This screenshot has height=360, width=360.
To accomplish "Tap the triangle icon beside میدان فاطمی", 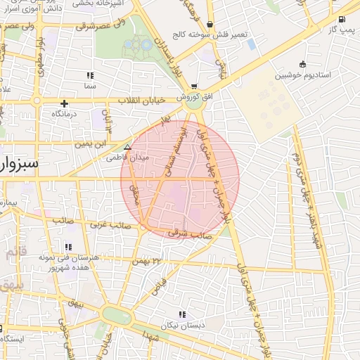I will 127,148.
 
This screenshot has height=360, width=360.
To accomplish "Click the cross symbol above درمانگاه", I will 64,103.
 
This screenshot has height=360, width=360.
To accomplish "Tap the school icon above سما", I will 89,75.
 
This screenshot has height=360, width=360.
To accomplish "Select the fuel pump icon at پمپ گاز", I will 342,20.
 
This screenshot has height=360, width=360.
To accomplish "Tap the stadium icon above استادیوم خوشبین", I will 302,63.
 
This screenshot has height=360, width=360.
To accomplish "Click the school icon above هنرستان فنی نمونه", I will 68,247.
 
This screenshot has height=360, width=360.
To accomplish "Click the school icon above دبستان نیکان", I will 182,314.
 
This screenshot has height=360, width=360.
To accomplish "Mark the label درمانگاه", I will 64,113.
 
